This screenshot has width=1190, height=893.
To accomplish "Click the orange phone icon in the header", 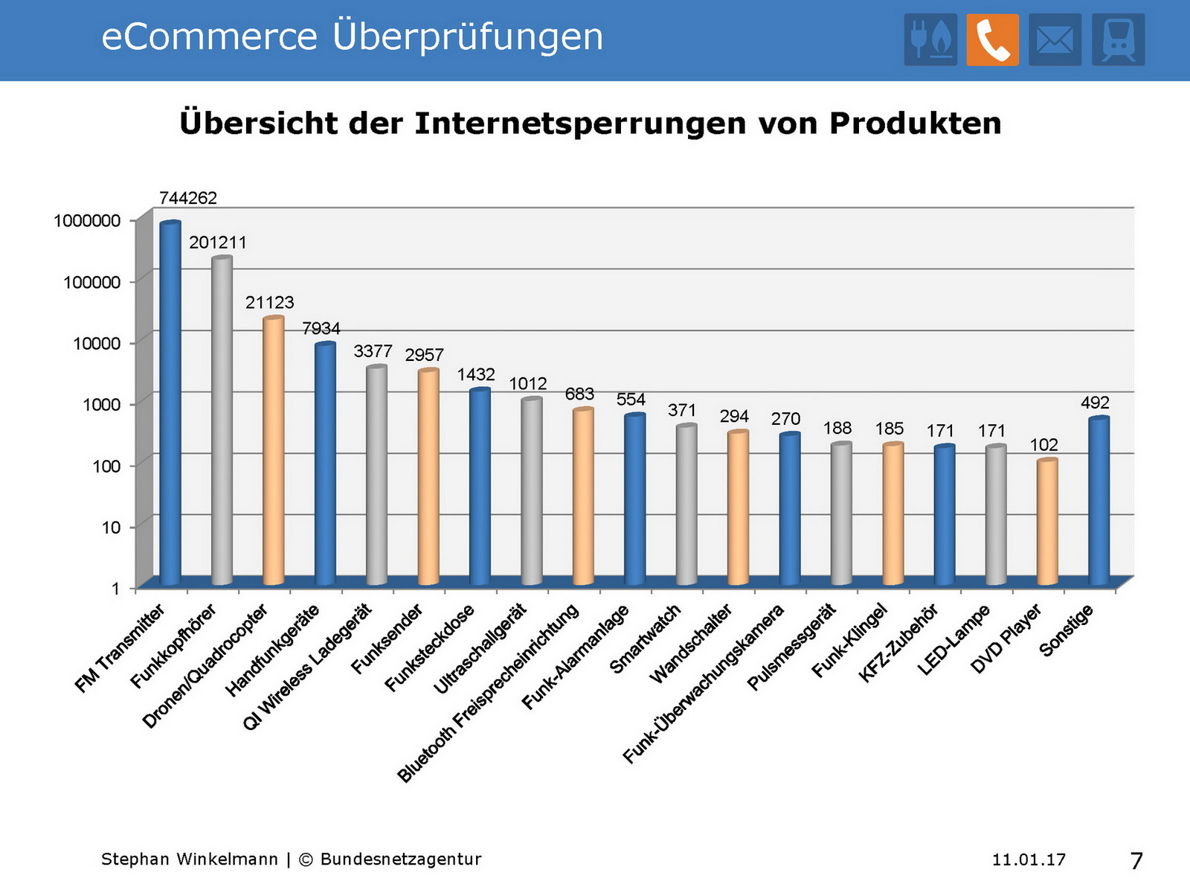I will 992,39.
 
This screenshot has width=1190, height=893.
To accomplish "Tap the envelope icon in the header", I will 1055,39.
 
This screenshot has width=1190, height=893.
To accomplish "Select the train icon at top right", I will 1118,39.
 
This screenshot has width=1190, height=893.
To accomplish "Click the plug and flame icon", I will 930,39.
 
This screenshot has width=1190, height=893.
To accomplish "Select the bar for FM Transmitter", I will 170,402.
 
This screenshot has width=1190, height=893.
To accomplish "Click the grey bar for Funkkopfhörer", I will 222,420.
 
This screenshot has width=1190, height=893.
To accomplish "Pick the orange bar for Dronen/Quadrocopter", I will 274,450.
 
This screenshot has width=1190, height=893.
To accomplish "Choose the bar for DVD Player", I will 1047,521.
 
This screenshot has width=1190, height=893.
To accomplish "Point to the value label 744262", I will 188,198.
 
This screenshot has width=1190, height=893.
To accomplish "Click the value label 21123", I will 270,302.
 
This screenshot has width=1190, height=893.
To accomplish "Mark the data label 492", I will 1095,403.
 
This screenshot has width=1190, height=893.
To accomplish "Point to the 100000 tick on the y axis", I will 91,282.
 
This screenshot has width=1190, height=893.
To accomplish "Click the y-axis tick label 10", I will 111,528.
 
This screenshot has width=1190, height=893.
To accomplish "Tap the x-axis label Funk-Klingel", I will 849,641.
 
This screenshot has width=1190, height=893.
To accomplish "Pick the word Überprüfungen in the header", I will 468,36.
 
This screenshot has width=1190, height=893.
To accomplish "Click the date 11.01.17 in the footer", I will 1029,860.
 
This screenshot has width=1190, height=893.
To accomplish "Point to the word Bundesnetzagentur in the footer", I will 401,860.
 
